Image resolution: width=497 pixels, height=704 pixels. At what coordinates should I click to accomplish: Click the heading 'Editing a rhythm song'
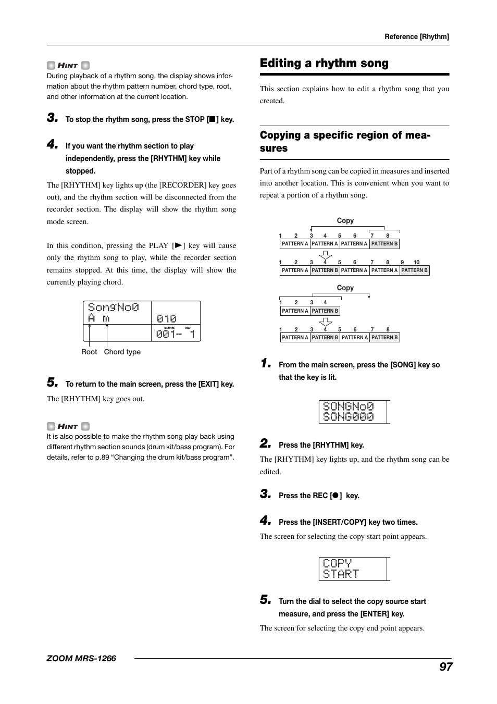click(324, 64)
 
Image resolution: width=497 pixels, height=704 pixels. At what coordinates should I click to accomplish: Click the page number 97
click(445, 666)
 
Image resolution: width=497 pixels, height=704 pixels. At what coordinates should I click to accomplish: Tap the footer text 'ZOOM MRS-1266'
click(81, 658)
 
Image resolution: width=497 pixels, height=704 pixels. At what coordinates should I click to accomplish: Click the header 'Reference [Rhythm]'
click(416, 36)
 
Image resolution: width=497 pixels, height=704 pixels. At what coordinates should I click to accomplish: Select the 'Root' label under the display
click(89, 352)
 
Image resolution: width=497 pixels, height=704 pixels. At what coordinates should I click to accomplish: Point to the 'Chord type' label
click(122, 352)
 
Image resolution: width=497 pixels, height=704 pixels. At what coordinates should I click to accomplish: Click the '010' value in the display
click(167, 318)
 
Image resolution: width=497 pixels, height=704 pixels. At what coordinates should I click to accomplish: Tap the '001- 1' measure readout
click(175, 334)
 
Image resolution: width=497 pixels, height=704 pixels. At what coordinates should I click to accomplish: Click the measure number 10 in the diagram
click(416, 263)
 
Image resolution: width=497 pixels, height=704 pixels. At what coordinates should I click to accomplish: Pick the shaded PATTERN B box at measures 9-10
click(414, 270)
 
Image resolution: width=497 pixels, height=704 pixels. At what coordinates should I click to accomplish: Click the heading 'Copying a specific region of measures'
click(345, 141)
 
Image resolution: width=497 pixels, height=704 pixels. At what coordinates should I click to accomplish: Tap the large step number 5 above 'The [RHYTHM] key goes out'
click(52, 382)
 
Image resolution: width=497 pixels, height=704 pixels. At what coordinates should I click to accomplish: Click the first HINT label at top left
click(68, 66)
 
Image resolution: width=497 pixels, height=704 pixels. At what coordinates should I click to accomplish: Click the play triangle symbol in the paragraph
click(178, 245)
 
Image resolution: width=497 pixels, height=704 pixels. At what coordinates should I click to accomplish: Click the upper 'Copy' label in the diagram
click(345, 220)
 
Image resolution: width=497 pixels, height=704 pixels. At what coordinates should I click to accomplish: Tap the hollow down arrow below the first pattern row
click(325, 255)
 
